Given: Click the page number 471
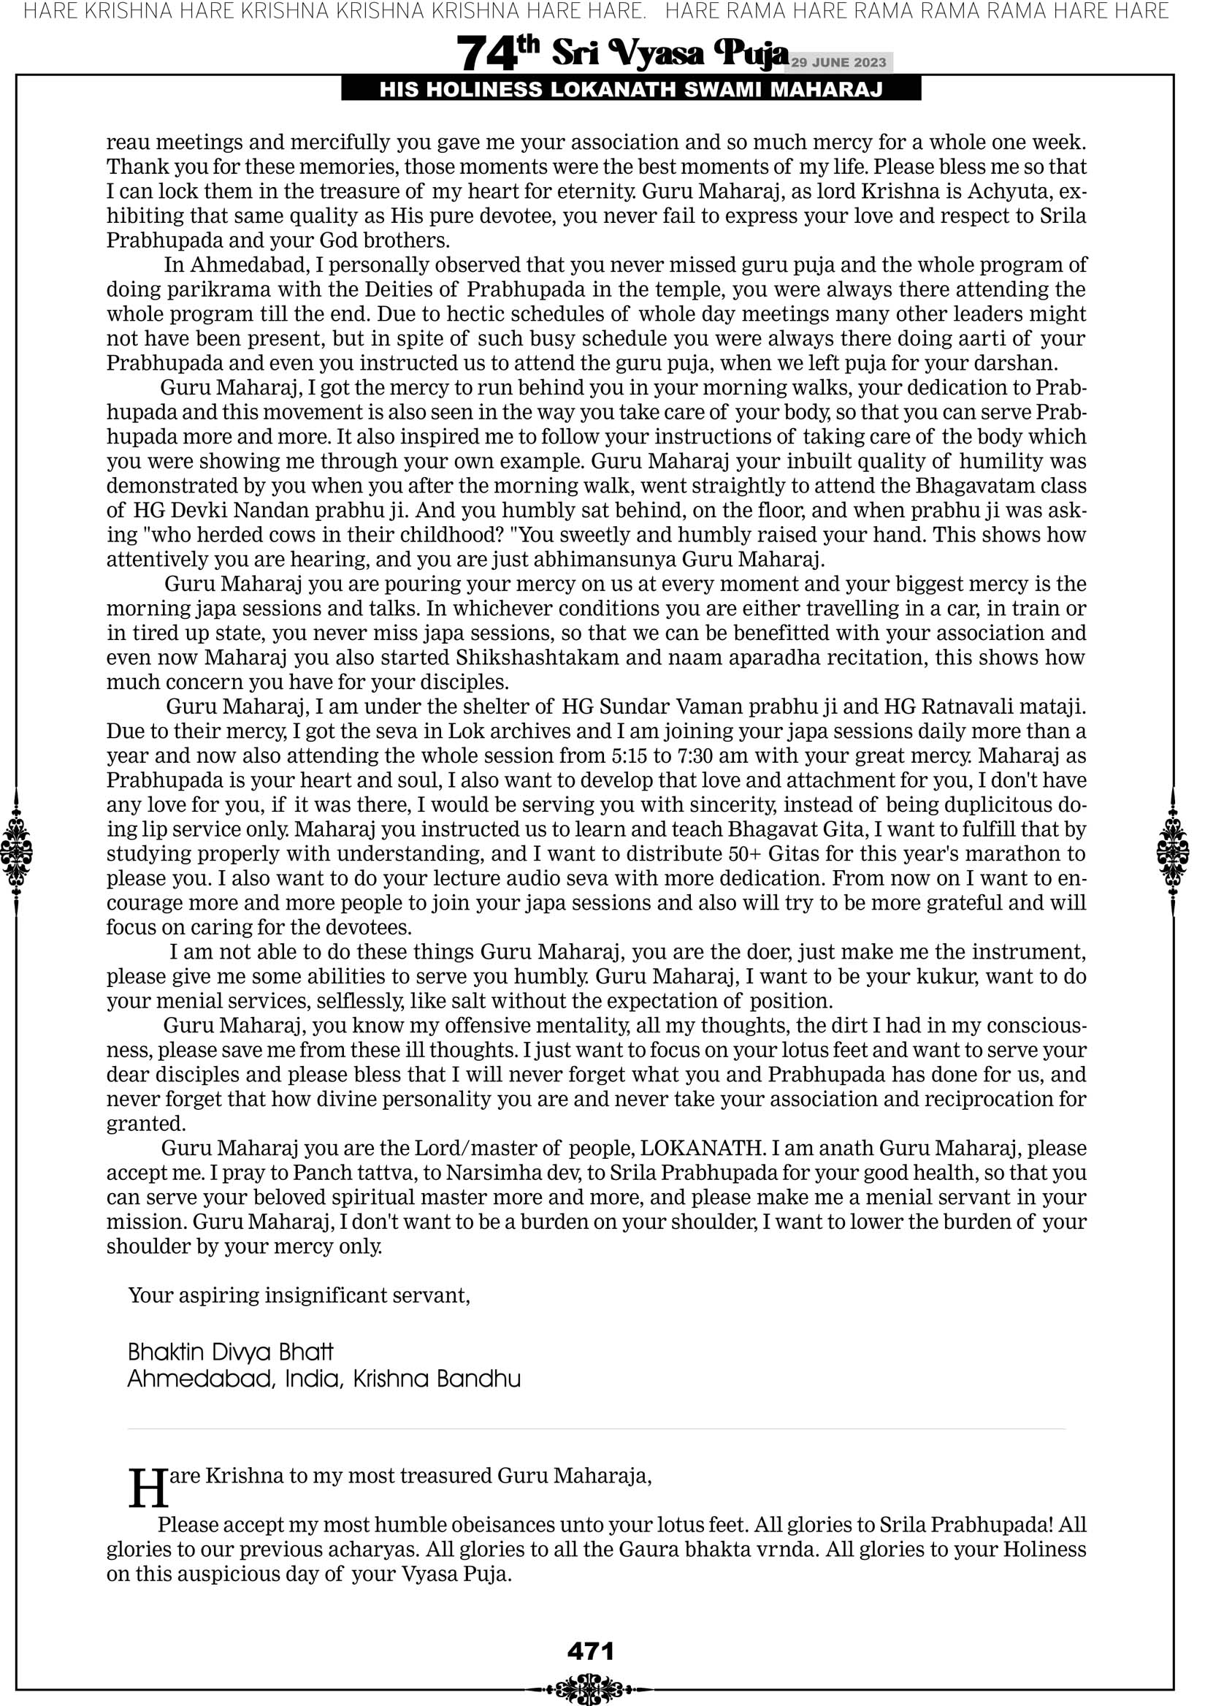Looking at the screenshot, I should [590, 1651].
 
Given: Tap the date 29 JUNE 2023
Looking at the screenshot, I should [838, 62].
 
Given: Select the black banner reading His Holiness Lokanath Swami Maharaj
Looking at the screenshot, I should [631, 90].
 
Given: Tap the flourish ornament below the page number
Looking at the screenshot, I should [590, 1688].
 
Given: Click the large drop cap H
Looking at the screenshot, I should [148, 1488].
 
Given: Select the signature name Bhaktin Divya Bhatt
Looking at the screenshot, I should [230, 1352].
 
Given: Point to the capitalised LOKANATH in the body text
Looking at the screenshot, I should [702, 1148].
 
